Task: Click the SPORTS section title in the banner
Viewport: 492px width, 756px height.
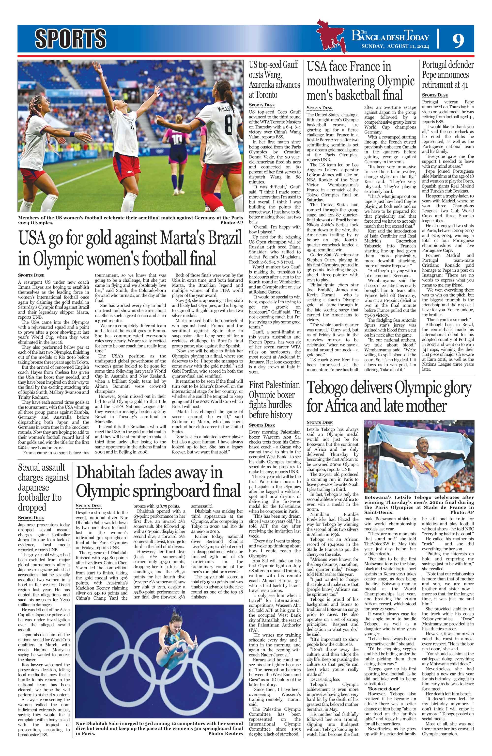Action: tap(70, 38)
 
